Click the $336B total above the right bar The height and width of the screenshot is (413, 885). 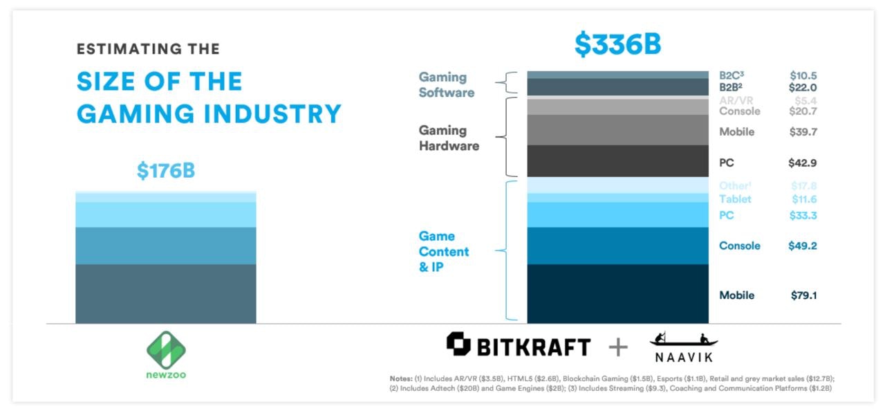click(617, 44)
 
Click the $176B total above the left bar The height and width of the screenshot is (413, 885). click(166, 170)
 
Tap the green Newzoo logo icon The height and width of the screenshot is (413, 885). click(166, 349)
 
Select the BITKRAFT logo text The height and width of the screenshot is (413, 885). click(532, 345)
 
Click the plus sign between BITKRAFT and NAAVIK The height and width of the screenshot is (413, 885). click(618, 347)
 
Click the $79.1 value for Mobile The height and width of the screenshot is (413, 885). click(803, 295)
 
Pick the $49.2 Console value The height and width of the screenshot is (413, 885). click(803, 246)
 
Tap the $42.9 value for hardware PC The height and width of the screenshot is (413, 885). click(803, 163)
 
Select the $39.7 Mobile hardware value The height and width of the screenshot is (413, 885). click(803, 132)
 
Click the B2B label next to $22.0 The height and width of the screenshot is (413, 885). click(730, 88)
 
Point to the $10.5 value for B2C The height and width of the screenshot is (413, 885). click(803, 75)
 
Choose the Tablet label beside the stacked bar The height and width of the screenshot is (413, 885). click(735, 199)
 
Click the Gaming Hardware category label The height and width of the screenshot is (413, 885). click(448, 138)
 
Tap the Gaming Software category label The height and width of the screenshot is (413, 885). click(446, 84)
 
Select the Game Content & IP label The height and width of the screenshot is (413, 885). click(443, 252)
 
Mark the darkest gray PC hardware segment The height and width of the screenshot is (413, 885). click(617, 160)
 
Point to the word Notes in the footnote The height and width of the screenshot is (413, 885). click(400, 379)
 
